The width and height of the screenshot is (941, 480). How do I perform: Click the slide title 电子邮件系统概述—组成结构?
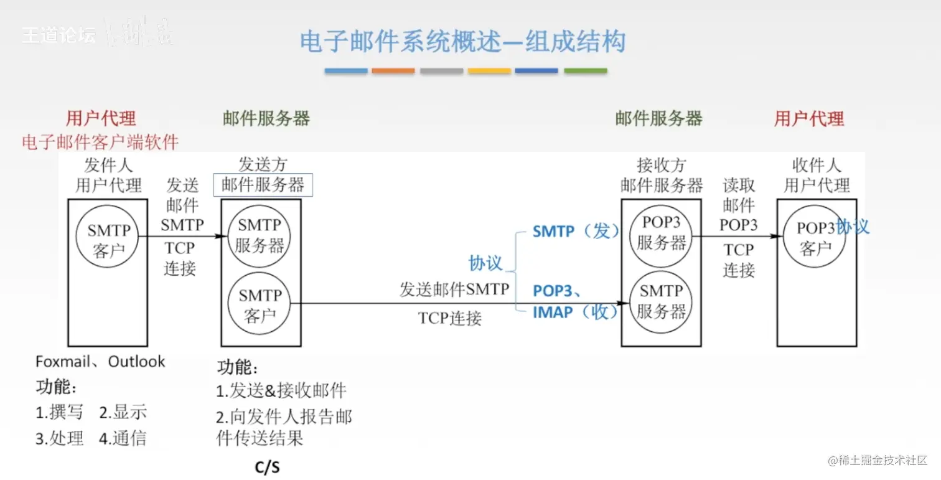462,42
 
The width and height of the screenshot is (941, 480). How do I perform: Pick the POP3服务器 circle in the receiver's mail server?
661,232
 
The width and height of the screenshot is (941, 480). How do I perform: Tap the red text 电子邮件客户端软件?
100,143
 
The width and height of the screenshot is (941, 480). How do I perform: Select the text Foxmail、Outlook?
100,362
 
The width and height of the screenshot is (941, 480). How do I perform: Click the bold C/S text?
268,468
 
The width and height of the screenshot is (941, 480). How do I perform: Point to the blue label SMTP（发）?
576,232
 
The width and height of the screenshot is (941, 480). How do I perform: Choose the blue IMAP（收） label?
576,312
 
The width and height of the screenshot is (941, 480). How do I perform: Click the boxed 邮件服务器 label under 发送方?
263,185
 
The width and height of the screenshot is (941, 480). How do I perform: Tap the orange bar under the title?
393,71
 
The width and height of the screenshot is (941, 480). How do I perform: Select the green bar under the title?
585,71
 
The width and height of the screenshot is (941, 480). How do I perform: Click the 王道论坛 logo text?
59,35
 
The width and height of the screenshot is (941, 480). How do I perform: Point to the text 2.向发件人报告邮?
284,416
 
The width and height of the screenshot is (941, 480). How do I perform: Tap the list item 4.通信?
123,438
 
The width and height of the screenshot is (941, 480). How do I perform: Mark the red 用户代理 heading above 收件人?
809,118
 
